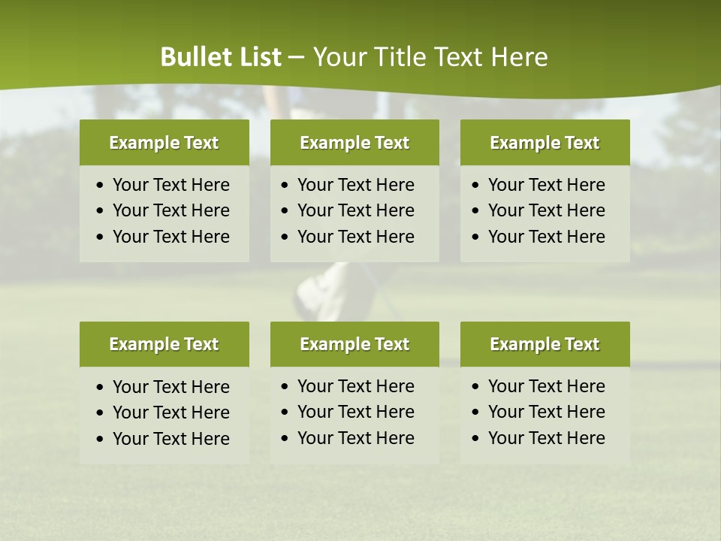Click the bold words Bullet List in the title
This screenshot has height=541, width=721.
tap(221, 57)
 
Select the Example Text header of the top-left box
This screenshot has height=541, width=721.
tap(164, 143)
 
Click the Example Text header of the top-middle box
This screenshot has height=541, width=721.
tap(354, 143)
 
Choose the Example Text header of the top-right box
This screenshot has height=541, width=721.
tap(545, 143)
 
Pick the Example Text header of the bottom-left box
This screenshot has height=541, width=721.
tap(164, 344)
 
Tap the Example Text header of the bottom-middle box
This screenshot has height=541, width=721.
tap(354, 344)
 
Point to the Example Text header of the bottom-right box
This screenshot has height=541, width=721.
tap(545, 344)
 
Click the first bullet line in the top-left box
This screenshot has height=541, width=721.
tap(170, 185)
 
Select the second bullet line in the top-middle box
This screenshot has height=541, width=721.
tap(355, 210)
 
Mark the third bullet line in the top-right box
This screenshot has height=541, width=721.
tap(546, 237)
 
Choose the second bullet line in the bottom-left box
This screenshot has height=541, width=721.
tap(170, 413)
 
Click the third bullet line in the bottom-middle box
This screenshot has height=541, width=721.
tap(355, 438)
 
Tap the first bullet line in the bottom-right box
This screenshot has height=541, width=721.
tap(546, 386)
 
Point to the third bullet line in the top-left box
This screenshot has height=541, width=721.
tap(170, 237)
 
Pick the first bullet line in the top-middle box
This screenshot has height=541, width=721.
tap(355, 185)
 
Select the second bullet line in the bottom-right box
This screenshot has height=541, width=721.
tap(546, 412)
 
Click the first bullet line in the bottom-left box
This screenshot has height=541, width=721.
tap(170, 387)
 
